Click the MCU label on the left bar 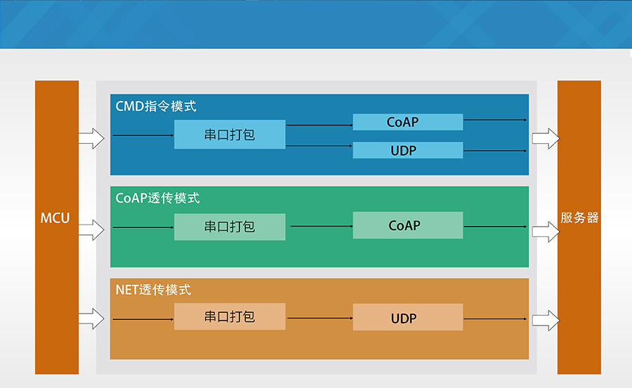point(55,218)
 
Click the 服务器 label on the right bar point(579,218)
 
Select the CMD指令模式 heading point(155,107)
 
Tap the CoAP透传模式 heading point(157,199)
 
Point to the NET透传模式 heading point(153,290)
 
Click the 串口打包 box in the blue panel point(230,135)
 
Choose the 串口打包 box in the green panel point(230,227)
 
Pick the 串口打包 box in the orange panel point(230,317)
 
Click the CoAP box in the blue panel point(407,122)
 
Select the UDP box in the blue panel point(407,150)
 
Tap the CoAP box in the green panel point(407,226)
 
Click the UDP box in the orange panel point(407,318)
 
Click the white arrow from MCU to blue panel point(91,138)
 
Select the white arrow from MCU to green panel point(91,229)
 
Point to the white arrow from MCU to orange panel point(91,319)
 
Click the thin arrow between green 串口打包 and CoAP point(321,226)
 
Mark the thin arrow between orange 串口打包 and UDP point(320,318)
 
